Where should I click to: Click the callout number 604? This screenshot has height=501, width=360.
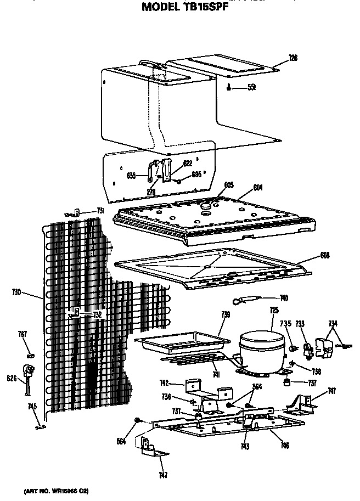point(257,187)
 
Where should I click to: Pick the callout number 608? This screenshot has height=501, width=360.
point(324,255)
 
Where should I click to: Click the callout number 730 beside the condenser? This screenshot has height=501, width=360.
point(17,292)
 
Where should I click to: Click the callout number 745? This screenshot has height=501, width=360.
point(32,407)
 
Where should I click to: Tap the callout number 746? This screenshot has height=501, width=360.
point(284,446)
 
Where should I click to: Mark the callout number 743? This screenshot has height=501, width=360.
point(245,446)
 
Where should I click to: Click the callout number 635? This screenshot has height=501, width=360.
point(131,176)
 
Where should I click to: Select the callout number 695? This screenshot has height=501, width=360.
point(196,175)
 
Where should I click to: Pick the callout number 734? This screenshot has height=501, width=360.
point(333,323)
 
